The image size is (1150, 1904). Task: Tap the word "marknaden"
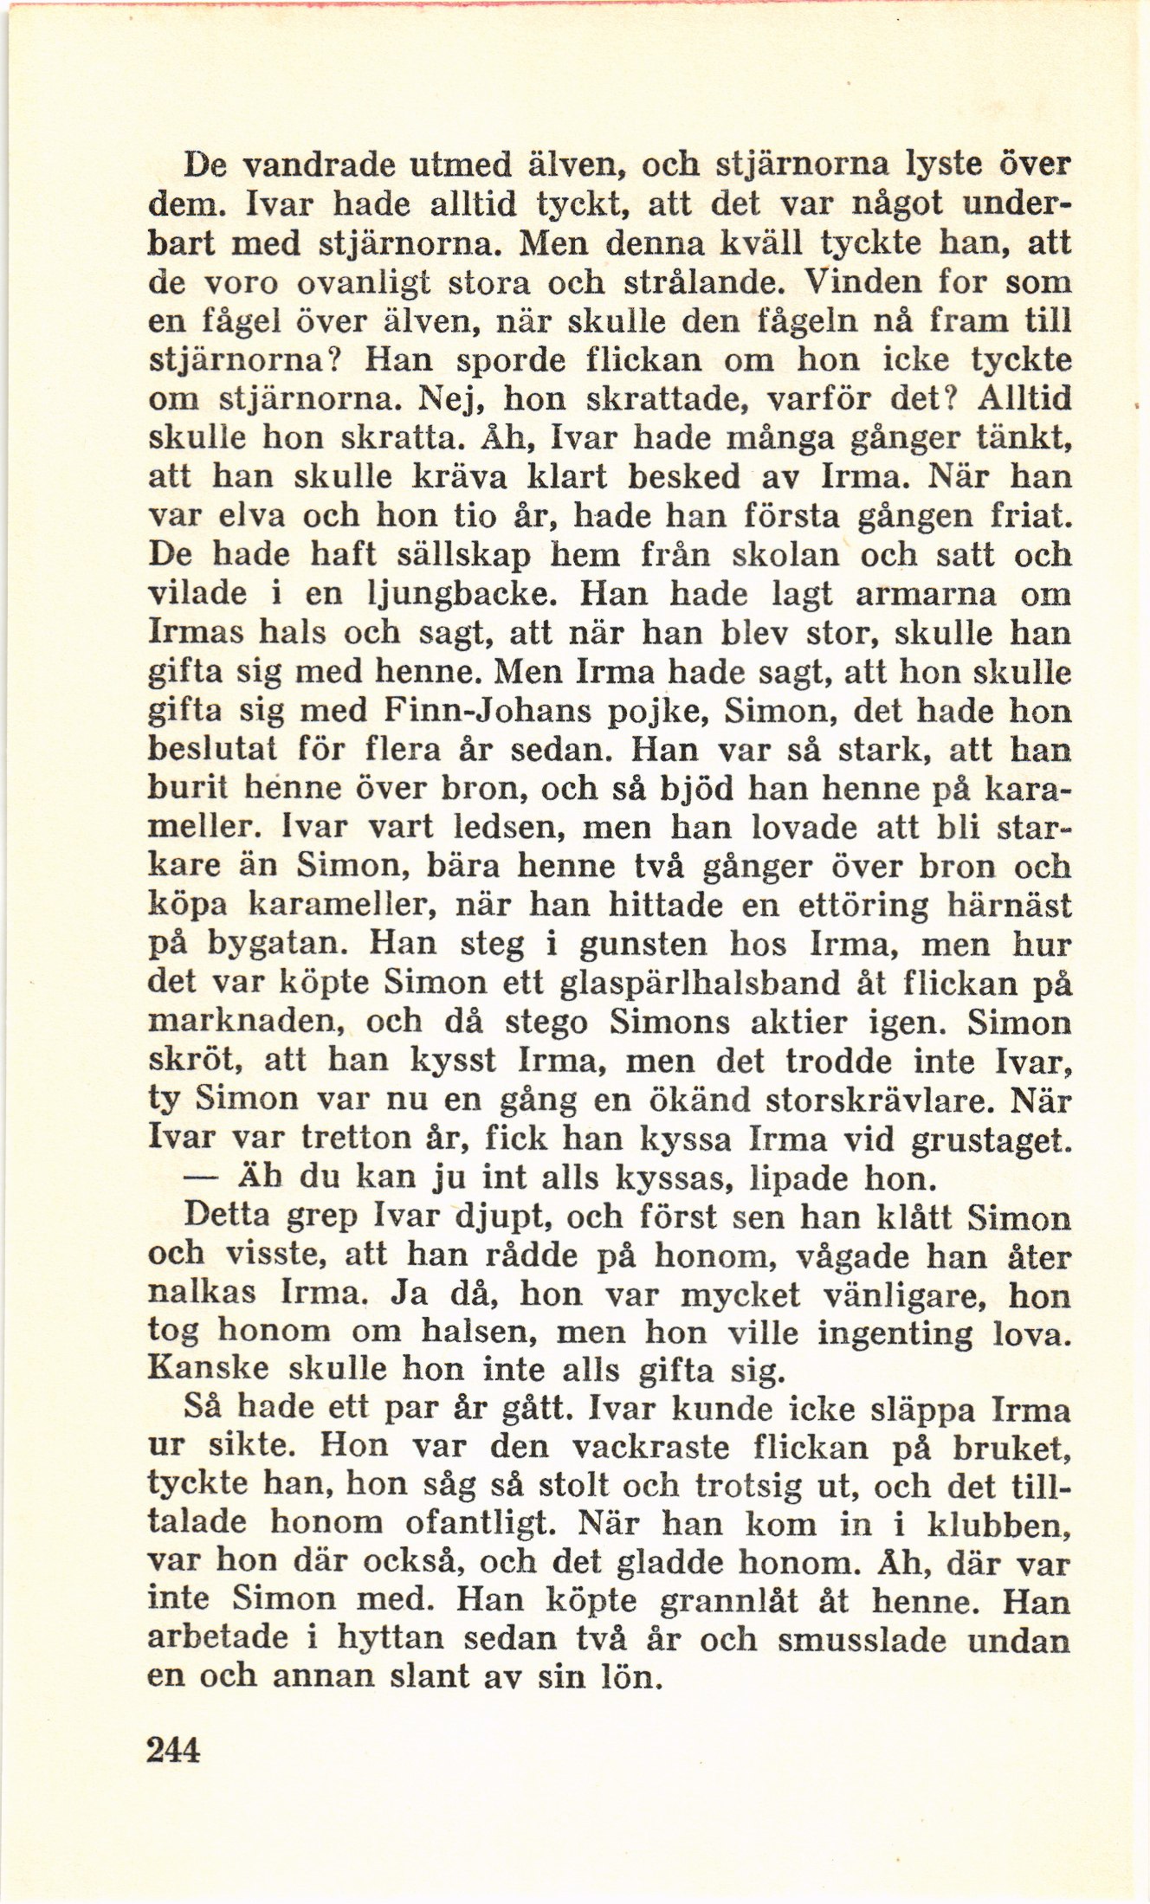click(247, 1023)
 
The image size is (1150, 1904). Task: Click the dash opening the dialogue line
click(201, 1178)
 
